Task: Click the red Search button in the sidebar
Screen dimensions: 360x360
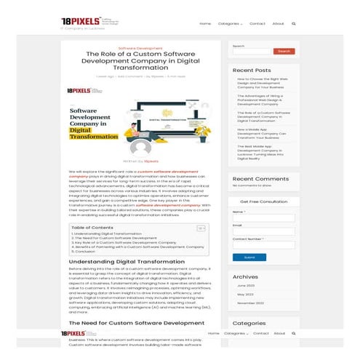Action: coord(284,51)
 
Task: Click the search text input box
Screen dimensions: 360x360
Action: coord(251,51)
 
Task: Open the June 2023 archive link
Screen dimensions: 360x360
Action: coord(245,285)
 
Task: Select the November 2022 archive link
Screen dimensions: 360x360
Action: coord(250,303)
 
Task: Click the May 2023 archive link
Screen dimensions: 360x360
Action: coord(245,294)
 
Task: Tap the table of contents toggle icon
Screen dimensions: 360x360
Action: coord(200,228)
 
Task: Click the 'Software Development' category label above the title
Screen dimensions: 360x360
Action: coord(140,47)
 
